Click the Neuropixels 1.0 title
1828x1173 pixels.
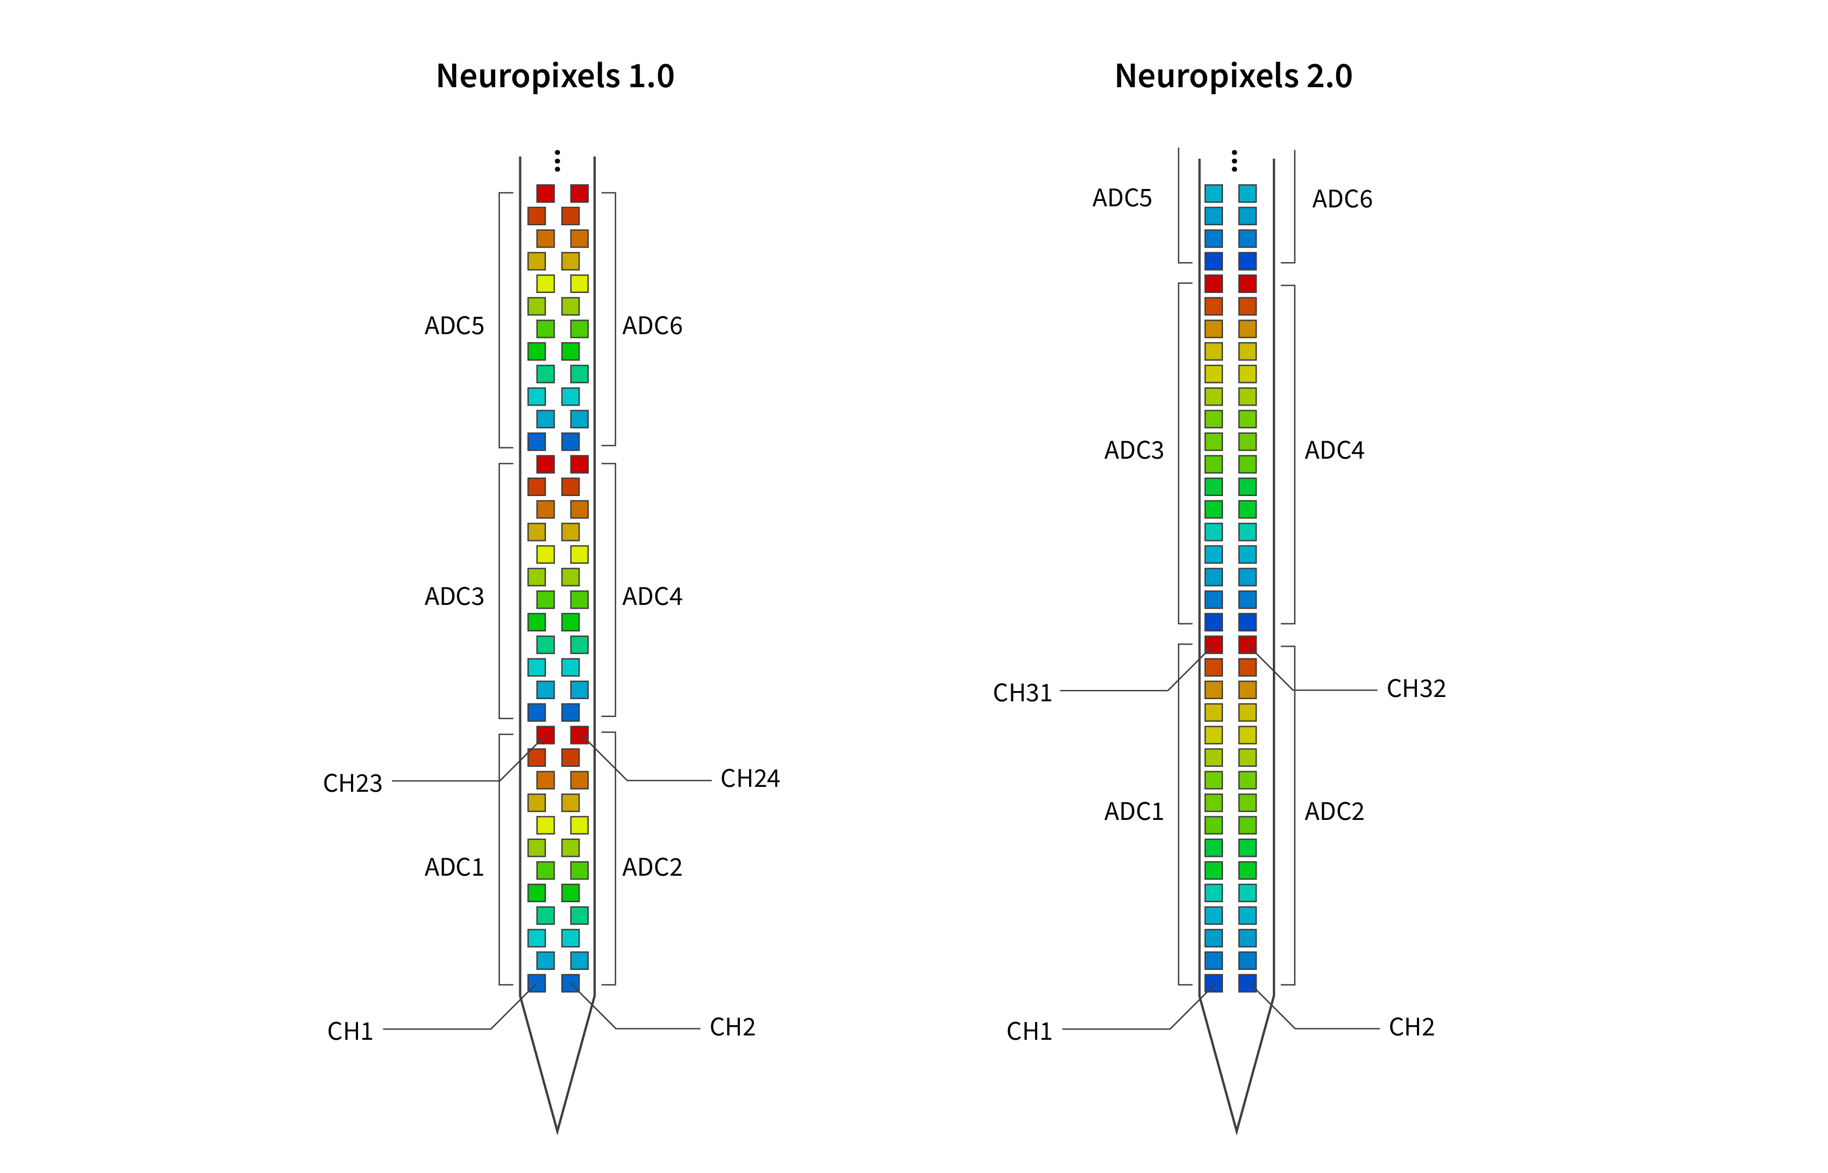(x=555, y=76)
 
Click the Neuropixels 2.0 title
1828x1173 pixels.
(x=1233, y=76)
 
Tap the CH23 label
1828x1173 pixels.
(x=353, y=783)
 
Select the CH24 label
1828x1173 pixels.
(x=750, y=778)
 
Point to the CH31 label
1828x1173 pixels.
(x=1022, y=693)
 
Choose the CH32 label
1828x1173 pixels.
(x=1416, y=688)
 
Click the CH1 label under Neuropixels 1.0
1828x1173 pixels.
(x=350, y=1031)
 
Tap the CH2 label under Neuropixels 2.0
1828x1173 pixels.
(x=1411, y=1027)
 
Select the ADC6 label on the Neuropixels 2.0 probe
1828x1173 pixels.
(x=1342, y=200)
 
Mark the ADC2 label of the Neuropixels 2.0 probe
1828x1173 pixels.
(x=1335, y=812)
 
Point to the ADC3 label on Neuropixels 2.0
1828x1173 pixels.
(x=1134, y=451)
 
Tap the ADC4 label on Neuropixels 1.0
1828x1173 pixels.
(x=652, y=596)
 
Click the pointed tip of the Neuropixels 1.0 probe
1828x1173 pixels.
(x=557, y=1132)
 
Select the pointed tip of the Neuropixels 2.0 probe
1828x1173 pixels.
(x=1236, y=1132)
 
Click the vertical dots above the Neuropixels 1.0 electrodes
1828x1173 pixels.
(x=557, y=161)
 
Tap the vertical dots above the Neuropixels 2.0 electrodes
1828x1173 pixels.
(x=1235, y=161)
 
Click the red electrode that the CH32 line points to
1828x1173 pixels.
(x=1247, y=645)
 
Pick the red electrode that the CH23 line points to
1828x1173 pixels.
(x=545, y=735)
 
